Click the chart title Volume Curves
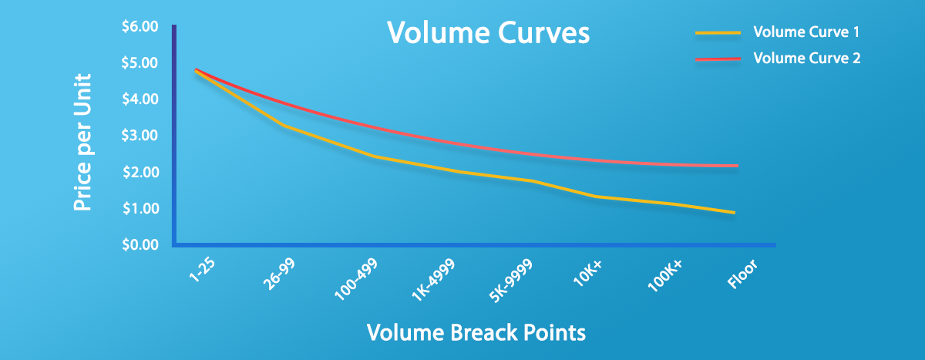pos(488,32)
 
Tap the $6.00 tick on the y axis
pos(140,26)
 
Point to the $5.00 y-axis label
pos(140,62)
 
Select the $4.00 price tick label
pos(140,99)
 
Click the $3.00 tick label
pos(140,136)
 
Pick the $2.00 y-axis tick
pos(140,172)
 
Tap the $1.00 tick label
pos(140,208)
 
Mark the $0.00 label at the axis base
pos(140,245)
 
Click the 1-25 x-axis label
pos(202,270)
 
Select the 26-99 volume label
pos(280,274)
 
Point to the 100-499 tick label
pos(356,280)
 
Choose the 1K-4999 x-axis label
pos(433,280)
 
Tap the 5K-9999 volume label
pos(511,281)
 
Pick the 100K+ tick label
pos(664,276)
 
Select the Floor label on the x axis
pos(742,274)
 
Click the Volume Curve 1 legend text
pos(806,32)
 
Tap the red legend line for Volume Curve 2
pos(718,59)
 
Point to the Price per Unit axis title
pos(82,143)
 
